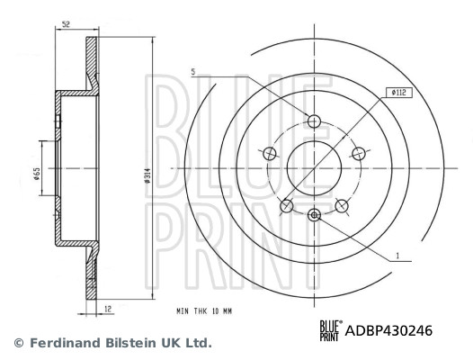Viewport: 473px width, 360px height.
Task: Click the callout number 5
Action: pos(192,71)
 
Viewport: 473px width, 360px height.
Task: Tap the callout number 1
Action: pos(397,256)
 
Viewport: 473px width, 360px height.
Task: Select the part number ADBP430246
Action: pos(389,330)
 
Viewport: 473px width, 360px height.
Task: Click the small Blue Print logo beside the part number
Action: pos(330,330)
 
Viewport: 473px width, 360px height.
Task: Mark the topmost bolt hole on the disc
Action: pos(314,121)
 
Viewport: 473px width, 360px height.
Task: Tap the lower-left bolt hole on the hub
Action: pos(287,206)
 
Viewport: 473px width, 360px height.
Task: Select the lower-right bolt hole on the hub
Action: pos(341,206)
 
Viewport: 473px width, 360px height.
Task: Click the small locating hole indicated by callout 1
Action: pos(314,213)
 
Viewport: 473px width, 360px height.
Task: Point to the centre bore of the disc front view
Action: pos(314,167)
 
